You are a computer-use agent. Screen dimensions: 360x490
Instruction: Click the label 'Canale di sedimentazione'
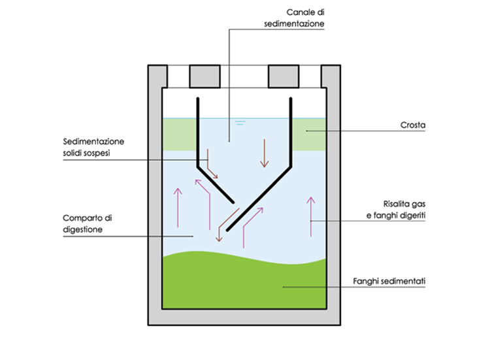pyautogui.click(x=305, y=18)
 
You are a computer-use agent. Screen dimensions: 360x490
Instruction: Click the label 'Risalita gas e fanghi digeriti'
pyautogui.click(x=402, y=209)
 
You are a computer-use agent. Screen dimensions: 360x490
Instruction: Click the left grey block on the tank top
pyautogui.click(x=204, y=76)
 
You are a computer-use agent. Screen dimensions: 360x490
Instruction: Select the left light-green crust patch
pyautogui.click(x=177, y=134)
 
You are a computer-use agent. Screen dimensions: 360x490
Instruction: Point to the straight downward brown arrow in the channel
pyautogui.click(x=265, y=152)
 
